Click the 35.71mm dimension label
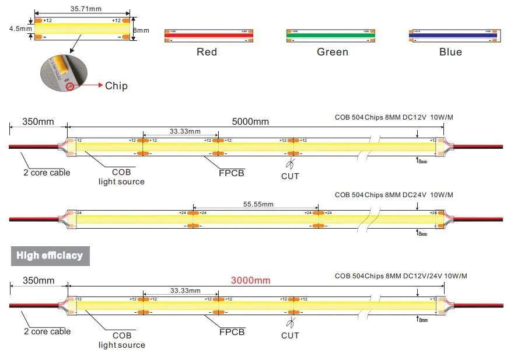(82, 9)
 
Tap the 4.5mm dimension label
(18, 27)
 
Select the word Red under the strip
(207, 52)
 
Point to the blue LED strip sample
(454, 36)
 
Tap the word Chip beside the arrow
(116, 86)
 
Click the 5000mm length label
(251, 121)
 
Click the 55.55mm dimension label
(258, 204)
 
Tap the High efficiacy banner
(50, 256)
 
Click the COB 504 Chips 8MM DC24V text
(394, 195)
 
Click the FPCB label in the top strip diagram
(232, 173)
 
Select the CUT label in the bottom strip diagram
(290, 335)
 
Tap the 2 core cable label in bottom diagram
(47, 331)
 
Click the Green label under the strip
(333, 52)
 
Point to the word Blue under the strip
(450, 52)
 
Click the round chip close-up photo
(62, 74)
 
